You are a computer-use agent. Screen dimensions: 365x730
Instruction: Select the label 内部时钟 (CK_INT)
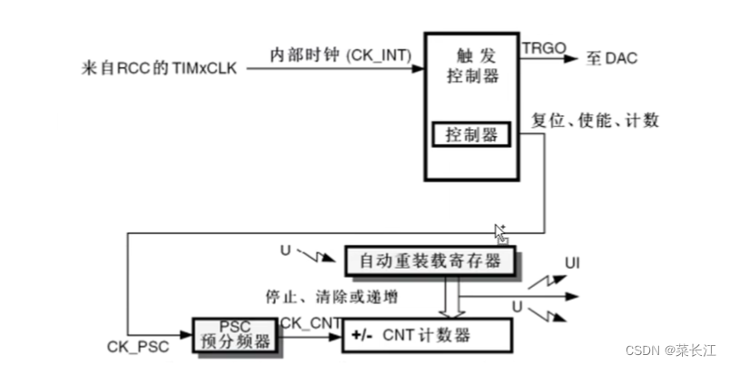tap(340, 55)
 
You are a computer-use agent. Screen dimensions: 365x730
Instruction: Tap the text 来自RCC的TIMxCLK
tap(161, 66)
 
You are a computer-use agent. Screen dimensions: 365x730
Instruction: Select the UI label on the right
tap(572, 264)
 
